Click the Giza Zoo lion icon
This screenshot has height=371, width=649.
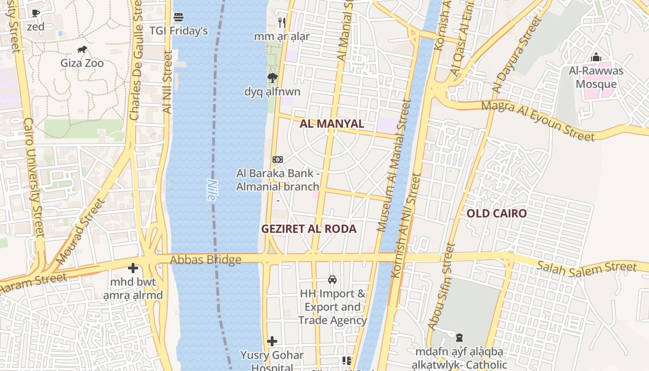pos(82,50)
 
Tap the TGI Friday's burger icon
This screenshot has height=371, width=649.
pos(178,18)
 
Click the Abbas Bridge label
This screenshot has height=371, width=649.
pos(205,260)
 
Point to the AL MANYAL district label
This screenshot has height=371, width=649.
pos(332,124)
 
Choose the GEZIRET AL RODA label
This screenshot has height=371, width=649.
pos(309,229)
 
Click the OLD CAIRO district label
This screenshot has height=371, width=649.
pos(496,213)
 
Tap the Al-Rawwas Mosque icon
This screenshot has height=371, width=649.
pos(596,58)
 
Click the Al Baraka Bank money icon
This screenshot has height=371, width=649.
pos(278,160)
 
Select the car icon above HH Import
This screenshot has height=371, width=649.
pos(332,280)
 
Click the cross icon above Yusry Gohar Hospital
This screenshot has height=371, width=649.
pos(272,342)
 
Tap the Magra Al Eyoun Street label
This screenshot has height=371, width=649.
pos(537,121)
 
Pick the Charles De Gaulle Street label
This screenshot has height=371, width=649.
pos(135,60)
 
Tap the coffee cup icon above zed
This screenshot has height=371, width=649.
pos(36,13)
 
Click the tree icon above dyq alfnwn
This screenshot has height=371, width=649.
pos(273,78)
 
